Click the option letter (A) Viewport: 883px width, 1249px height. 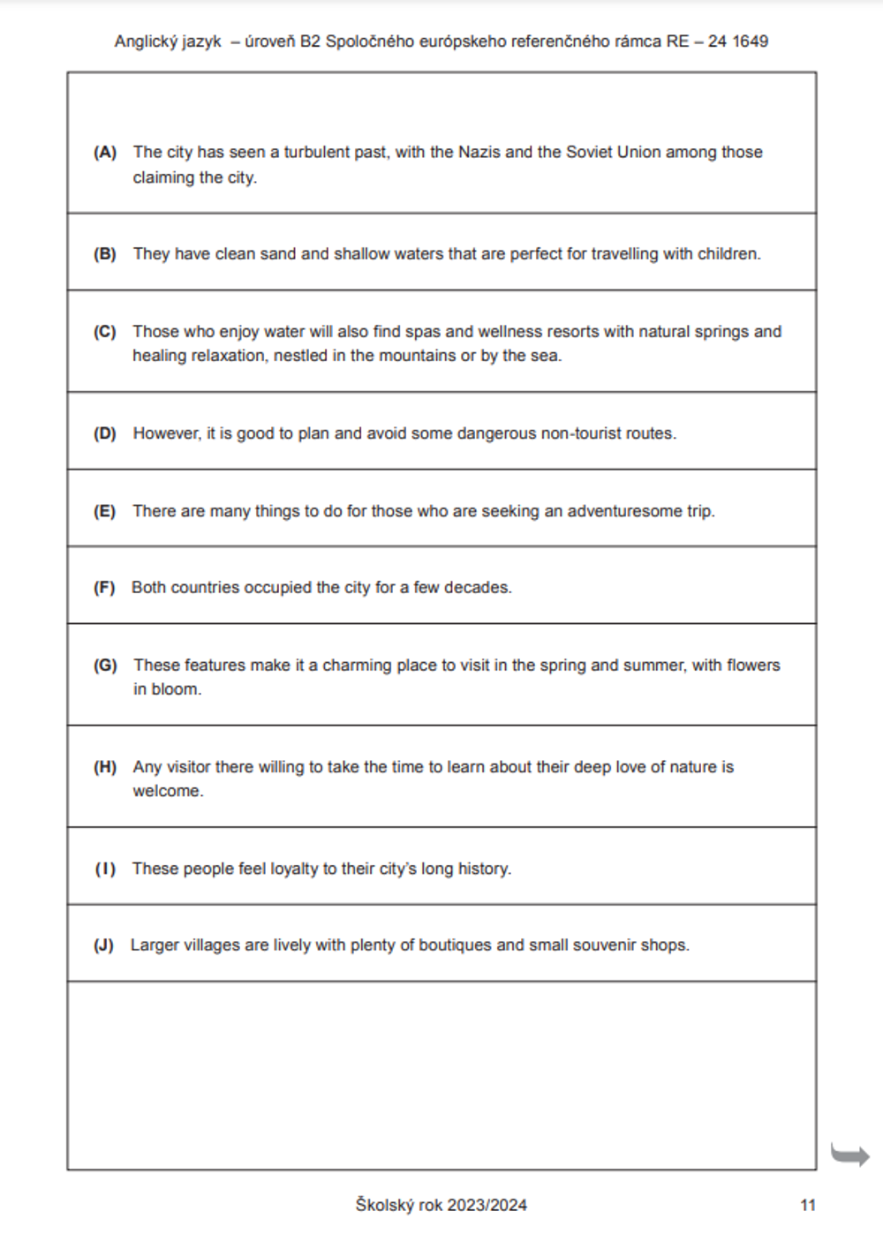[x=105, y=152]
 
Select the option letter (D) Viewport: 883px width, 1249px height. [x=105, y=433]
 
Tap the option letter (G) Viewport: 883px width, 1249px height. [x=105, y=665]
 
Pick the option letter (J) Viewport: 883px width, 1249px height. [x=103, y=944]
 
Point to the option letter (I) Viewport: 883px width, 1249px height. [x=105, y=869]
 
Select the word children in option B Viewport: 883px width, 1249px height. [x=728, y=254]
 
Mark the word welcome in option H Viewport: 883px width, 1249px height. [x=167, y=791]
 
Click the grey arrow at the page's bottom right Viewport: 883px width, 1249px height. [x=849, y=1154]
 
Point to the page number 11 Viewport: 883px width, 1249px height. [x=808, y=1205]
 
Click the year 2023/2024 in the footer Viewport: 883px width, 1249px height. [x=487, y=1205]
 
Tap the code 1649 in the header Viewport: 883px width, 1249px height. [x=749, y=41]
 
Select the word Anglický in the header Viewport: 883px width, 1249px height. [x=144, y=41]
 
